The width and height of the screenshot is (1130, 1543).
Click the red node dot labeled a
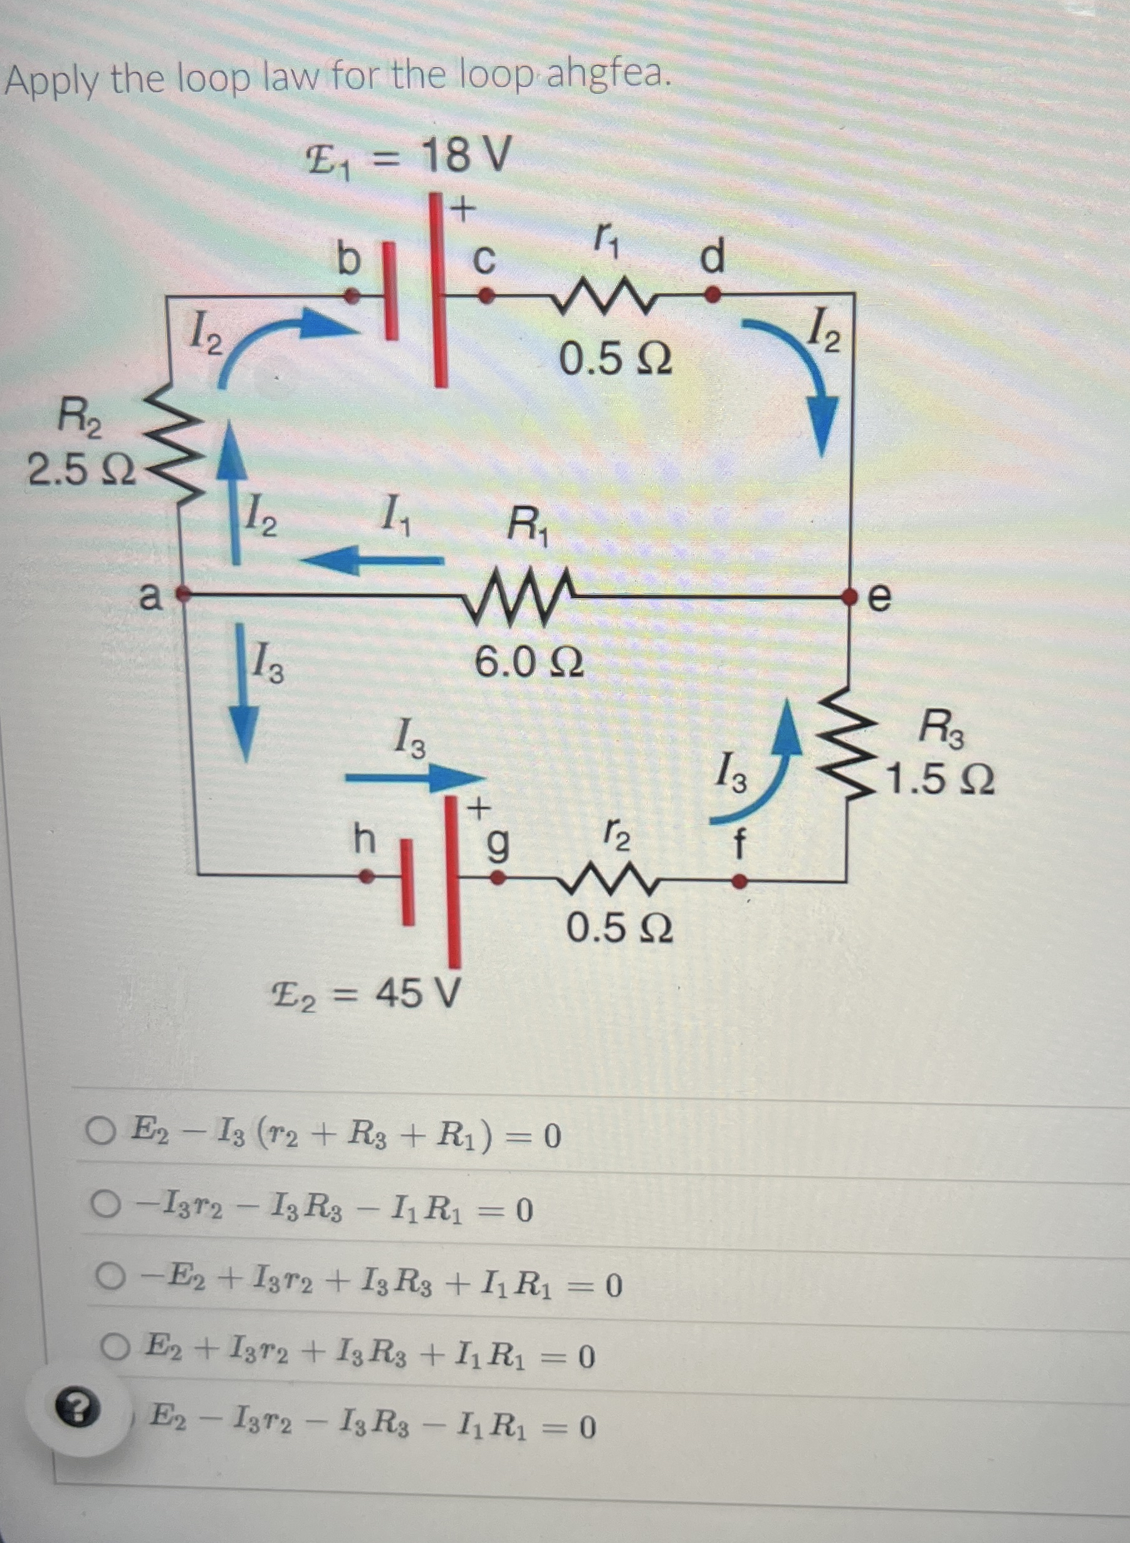(x=182, y=593)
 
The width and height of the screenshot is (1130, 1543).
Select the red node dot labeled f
(x=739, y=882)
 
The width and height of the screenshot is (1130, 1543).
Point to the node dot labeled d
(x=712, y=295)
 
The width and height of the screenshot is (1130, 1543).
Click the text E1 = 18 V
(x=406, y=158)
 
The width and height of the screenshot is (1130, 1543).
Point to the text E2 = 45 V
(x=365, y=994)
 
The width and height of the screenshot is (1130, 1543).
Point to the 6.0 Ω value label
(x=529, y=662)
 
